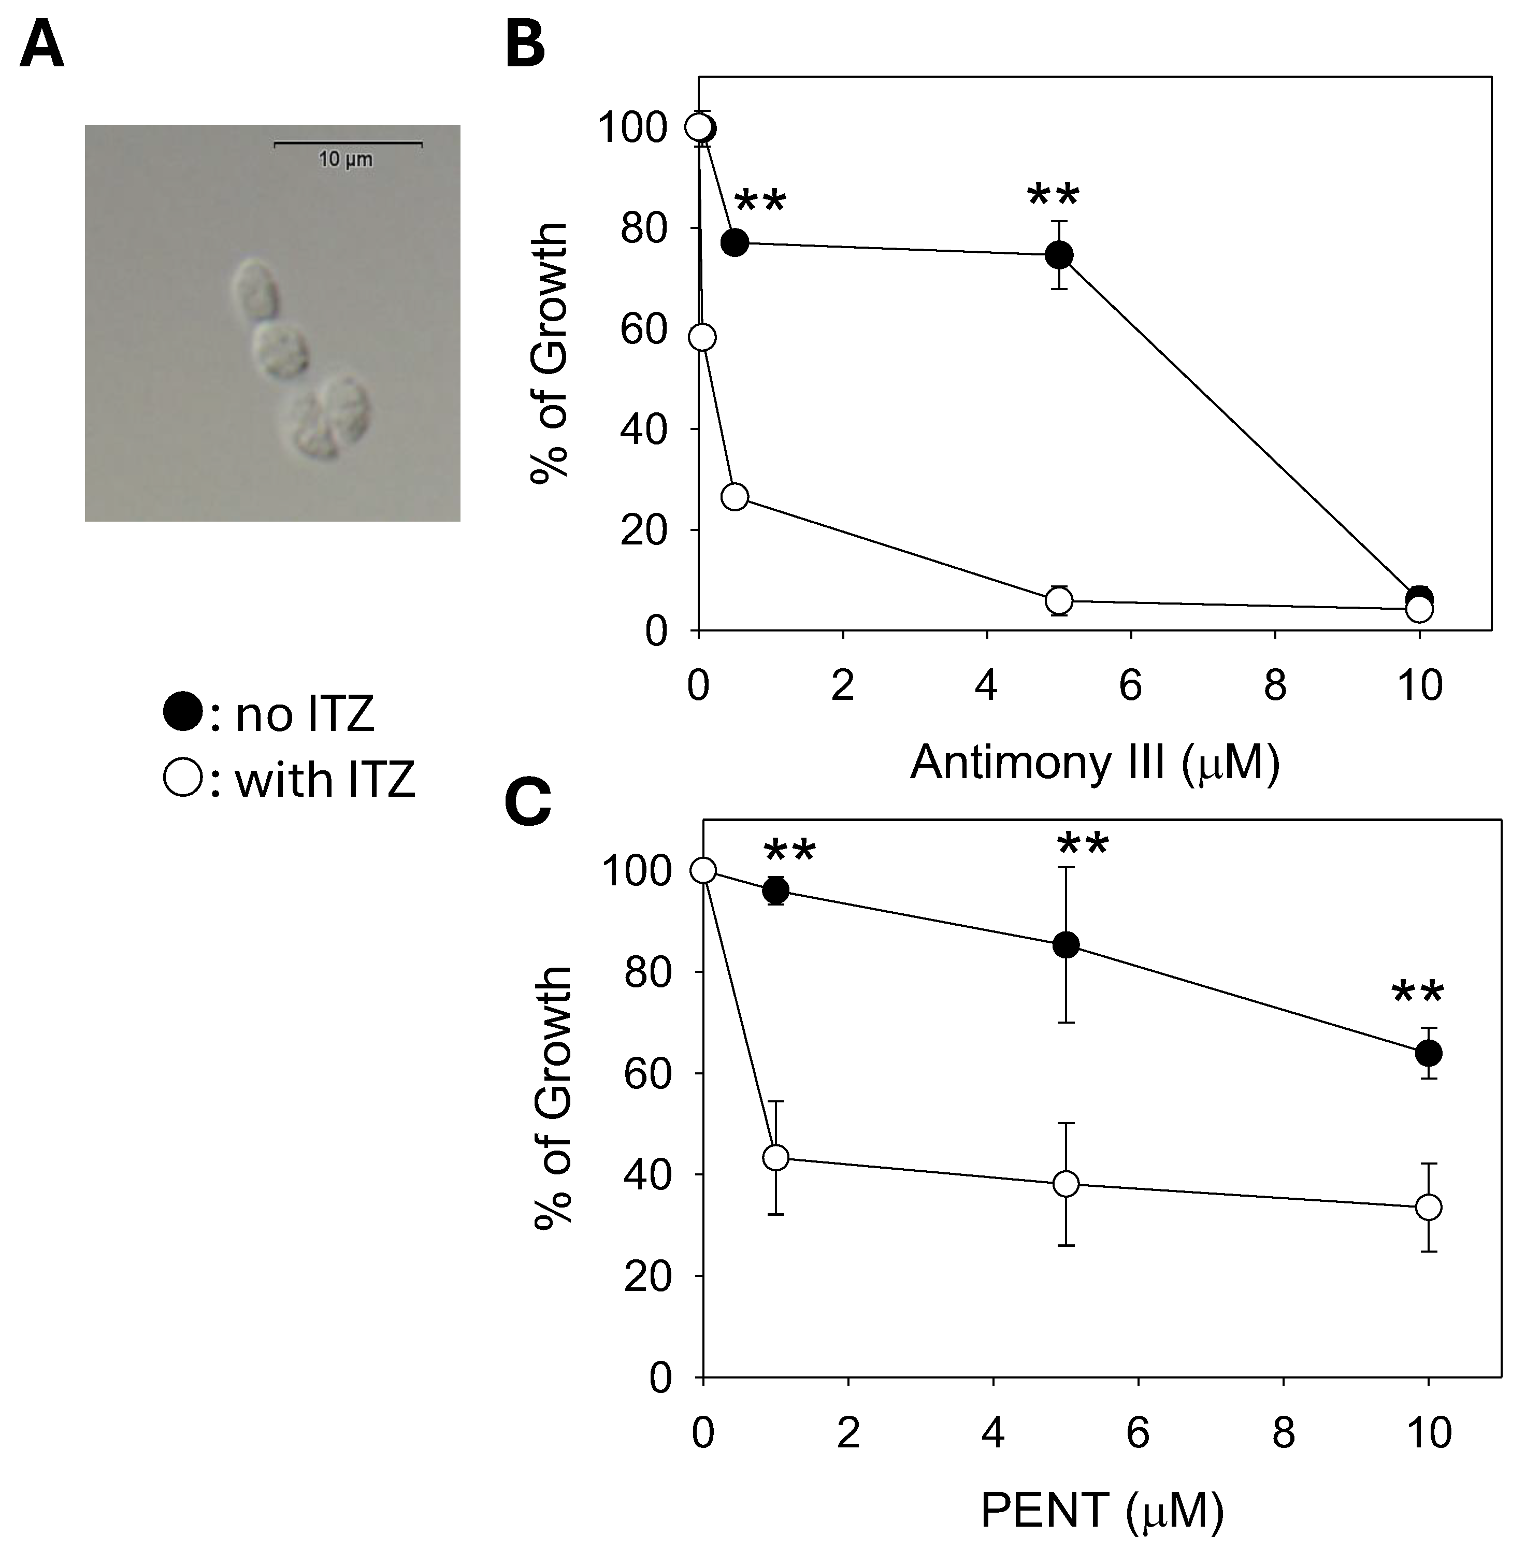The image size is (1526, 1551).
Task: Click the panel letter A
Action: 41,47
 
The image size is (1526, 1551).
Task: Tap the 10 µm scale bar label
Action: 345,160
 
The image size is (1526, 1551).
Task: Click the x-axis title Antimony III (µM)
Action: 1094,762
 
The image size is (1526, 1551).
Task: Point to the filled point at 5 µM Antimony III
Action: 1059,255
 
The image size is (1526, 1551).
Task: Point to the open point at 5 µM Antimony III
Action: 1059,600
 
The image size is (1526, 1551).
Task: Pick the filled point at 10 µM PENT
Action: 1428,1053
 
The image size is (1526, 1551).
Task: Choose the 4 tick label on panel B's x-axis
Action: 987,686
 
